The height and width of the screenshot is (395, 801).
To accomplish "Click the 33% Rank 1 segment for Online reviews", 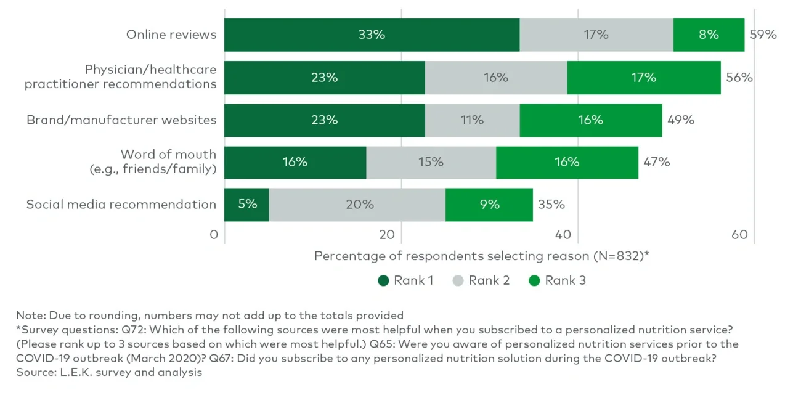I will coord(372,35).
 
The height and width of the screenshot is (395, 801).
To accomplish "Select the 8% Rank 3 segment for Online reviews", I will coord(709,35).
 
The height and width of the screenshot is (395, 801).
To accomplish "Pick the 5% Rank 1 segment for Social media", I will coord(247,205).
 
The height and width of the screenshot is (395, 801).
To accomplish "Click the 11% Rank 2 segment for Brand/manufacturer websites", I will coord(472,120).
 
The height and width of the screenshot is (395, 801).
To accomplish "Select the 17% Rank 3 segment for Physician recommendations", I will coord(643,78).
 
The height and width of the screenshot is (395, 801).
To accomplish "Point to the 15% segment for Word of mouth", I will coord(431,163).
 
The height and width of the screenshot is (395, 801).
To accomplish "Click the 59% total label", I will coord(763,35).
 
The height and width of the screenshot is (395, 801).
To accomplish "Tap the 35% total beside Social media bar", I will coord(551,205).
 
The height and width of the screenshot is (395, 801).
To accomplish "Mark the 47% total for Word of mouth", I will coord(656,163).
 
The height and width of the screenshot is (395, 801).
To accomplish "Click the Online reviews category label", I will coord(171,35).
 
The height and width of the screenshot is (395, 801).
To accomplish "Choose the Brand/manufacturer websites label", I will coord(121,120).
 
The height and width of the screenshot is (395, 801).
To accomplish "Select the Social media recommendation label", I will coord(121,205).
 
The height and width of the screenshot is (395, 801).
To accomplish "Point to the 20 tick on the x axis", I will coord(386,235).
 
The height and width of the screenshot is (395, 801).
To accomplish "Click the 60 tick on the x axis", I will coord(739,235).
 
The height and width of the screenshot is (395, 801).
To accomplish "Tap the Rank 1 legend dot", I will coord(383,281).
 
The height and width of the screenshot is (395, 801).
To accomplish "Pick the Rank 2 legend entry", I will coord(481,281).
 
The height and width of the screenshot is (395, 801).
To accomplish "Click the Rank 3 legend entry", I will coord(558,281).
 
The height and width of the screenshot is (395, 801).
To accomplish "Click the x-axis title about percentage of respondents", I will coord(482,256).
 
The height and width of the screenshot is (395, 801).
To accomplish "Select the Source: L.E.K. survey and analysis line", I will coord(109,372).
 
